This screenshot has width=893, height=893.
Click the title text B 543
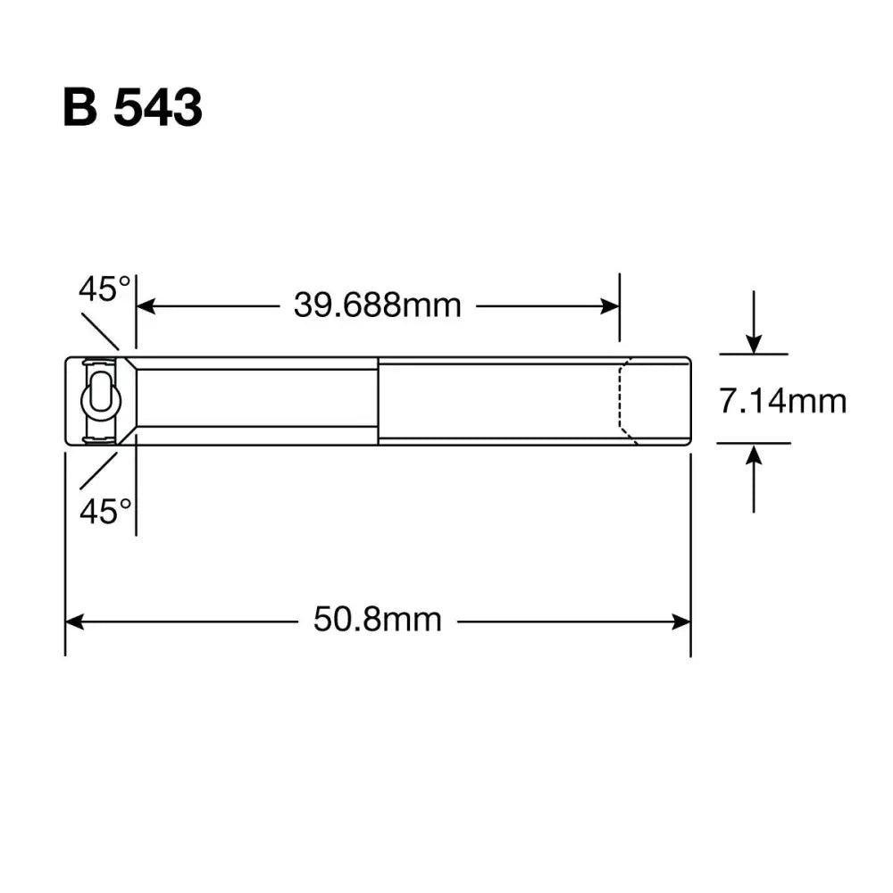[132, 108]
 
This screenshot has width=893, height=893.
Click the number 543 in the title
[157, 108]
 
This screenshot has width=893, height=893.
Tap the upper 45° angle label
[104, 289]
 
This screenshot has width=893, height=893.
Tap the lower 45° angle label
[104, 513]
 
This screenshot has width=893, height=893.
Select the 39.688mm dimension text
[378, 306]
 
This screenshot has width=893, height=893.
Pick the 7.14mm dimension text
[783, 401]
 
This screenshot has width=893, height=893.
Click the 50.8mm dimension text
[377, 620]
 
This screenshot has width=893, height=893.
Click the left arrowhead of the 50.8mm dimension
[74, 621]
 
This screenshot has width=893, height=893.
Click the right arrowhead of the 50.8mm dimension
[682, 621]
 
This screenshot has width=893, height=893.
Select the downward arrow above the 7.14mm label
[755, 343]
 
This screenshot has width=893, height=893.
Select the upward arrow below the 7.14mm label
[755, 455]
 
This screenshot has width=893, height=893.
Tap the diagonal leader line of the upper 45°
[100, 331]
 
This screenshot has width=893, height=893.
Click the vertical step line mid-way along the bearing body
[378, 400]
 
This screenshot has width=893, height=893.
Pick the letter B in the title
[79, 108]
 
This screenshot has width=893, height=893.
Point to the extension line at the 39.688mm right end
[619, 308]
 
